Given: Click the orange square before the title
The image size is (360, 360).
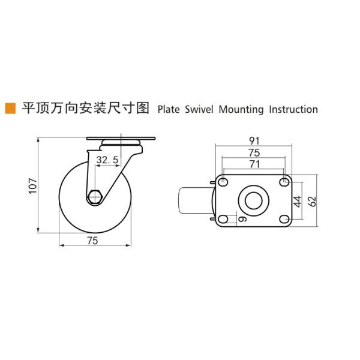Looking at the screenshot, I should pyautogui.click(x=10, y=109).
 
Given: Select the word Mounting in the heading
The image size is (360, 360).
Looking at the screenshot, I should pyautogui.click(x=241, y=109).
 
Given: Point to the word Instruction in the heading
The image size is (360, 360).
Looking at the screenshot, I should pyautogui.click(x=293, y=109).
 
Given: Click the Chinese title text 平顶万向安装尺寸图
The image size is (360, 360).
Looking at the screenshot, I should pyautogui.click(x=85, y=109).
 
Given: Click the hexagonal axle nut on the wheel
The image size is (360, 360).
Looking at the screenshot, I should pyautogui.click(x=95, y=197).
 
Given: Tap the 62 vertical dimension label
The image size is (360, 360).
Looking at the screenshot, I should pyautogui.click(x=311, y=200).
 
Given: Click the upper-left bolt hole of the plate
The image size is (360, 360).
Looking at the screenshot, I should pyautogui.click(x=223, y=182).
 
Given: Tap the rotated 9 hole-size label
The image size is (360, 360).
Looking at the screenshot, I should pyautogui.click(x=242, y=220).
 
